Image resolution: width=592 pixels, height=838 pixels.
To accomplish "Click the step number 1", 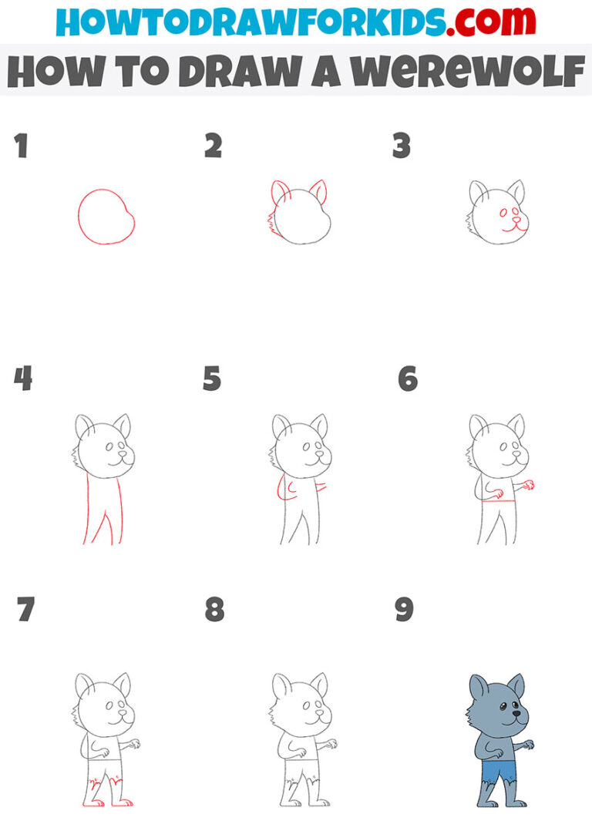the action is (21, 146).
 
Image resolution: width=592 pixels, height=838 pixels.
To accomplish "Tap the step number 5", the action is (211, 379).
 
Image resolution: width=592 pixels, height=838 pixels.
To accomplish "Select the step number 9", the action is (404, 610).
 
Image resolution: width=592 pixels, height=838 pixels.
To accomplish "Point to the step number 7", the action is (25, 610).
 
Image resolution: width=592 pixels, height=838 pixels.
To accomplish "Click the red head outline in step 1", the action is (79, 217).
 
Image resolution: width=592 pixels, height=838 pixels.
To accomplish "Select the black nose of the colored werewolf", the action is (516, 713).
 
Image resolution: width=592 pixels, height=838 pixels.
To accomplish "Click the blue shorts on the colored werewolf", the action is (498, 771).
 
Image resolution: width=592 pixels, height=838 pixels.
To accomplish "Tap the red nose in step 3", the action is (516, 219).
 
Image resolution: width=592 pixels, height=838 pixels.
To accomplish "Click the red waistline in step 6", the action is (499, 501).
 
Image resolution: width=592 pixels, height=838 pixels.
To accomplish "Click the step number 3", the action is (402, 146).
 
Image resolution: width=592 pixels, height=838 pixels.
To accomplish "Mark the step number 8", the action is (214, 610).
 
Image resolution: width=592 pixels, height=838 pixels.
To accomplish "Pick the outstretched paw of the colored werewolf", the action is (528, 744).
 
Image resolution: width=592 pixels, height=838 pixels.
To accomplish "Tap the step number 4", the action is (23, 379).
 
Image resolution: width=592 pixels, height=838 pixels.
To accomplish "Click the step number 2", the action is (214, 146).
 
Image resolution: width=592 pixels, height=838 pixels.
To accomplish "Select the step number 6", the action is (408, 379).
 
